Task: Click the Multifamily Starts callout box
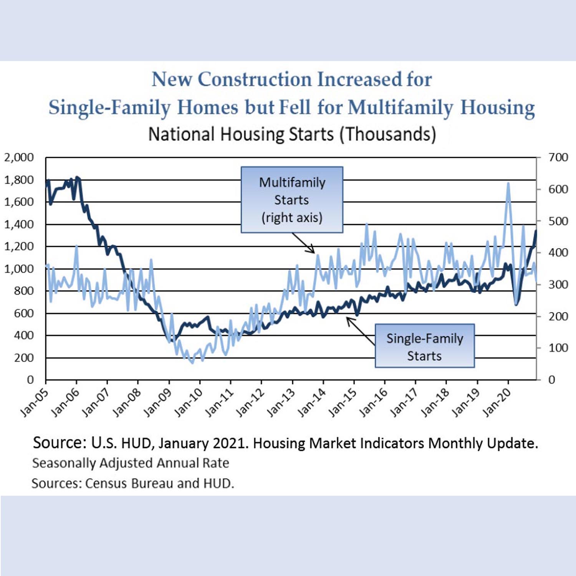pyautogui.click(x=292, y=200)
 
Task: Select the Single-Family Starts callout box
pyautogui.click(x=425, y=346)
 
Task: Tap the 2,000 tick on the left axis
pyautogui.click(x=19, y=157)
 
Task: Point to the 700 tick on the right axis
pyautogui.click(x=558, y=157)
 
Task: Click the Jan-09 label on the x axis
pyautogui.click(x=157, y=402)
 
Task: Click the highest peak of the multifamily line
pyautogui.click(x=508, y=184)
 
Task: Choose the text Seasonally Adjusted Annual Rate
pyautogui.click(x=131, y=463)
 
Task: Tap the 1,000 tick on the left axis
pyautogui.click(x=19, y=269)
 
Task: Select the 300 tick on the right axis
pyautogui.click(x=558, y=285)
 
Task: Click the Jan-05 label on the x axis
pyautogui.click(x=34, y=402)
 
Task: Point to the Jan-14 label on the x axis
pyautogui.click(x=311, y=402)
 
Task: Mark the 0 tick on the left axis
pyautogui.click(x=30, y=380)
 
